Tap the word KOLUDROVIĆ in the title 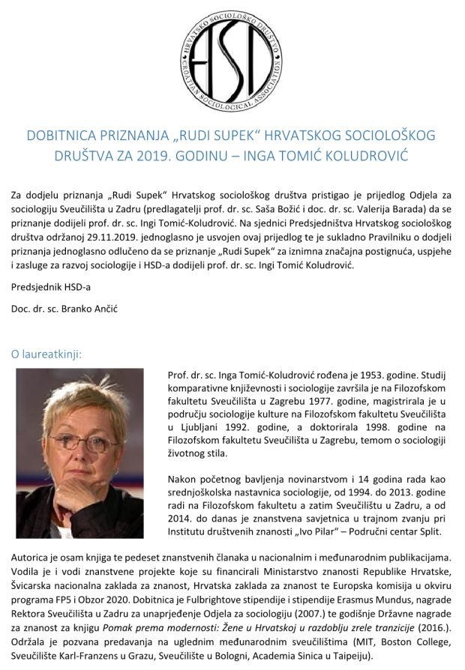pyautogui.click(x=392, y=158)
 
